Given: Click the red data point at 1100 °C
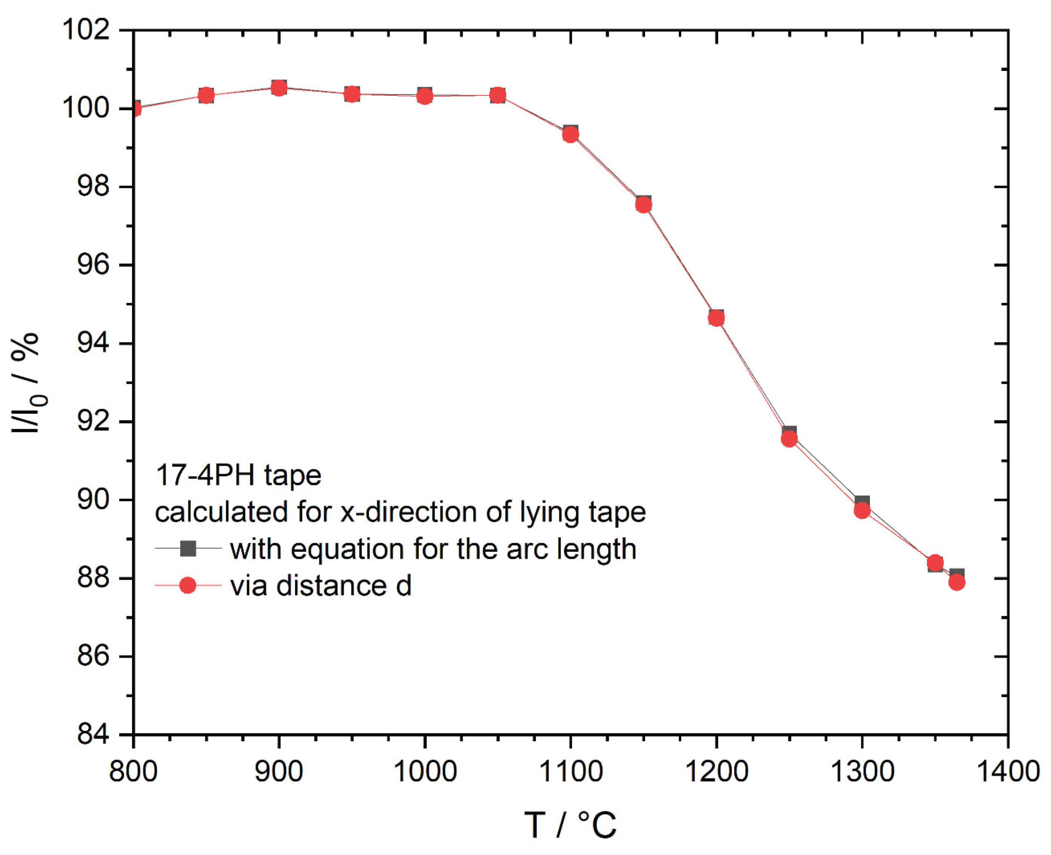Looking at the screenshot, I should [x=570, y=135].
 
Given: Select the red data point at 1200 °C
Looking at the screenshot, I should [x=716, y=319].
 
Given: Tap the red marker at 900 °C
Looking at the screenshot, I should [x=279, y=89].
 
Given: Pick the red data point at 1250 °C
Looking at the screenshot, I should [x=789, y=439].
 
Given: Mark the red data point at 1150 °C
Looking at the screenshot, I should [x=643, y=205].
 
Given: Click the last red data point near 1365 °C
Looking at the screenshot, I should [x=956, y=583].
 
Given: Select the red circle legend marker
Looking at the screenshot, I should [x=187, y=586].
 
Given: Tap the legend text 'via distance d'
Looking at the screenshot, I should [x=321, y=586].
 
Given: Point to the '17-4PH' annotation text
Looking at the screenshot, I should [x=204, y=475].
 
